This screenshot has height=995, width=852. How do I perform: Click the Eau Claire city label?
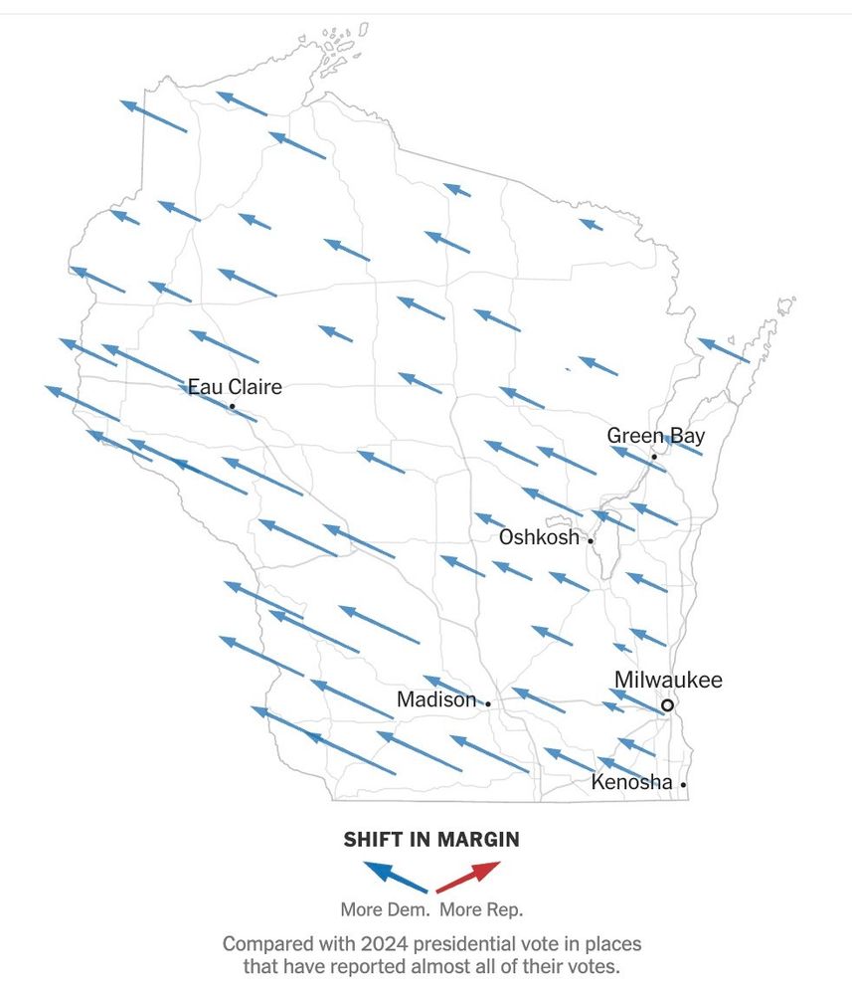click(235, 386)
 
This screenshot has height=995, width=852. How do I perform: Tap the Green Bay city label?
click(655, 435)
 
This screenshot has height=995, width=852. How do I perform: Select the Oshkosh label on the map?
click(538, 537)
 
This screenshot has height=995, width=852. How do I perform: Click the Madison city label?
click(436, 699)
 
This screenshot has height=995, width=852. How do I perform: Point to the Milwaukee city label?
click(668, 681)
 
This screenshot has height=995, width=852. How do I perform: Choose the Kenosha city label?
click(631, 782)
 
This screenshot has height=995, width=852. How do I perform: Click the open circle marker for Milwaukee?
click(668, 704)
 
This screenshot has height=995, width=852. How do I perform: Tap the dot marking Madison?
click(487, 703)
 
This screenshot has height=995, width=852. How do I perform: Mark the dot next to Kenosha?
click(684, 785)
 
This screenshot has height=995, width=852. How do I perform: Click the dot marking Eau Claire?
click(232, 406)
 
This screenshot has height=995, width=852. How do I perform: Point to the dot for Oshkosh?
click(591, 541)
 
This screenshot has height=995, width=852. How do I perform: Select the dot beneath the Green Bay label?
click(654, 457)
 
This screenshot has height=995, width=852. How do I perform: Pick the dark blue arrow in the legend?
click(397, 876)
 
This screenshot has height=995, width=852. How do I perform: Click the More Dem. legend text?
click(386, 909)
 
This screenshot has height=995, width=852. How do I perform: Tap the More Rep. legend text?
click(481, 909)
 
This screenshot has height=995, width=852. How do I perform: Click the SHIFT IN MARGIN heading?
click(431, 840)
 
